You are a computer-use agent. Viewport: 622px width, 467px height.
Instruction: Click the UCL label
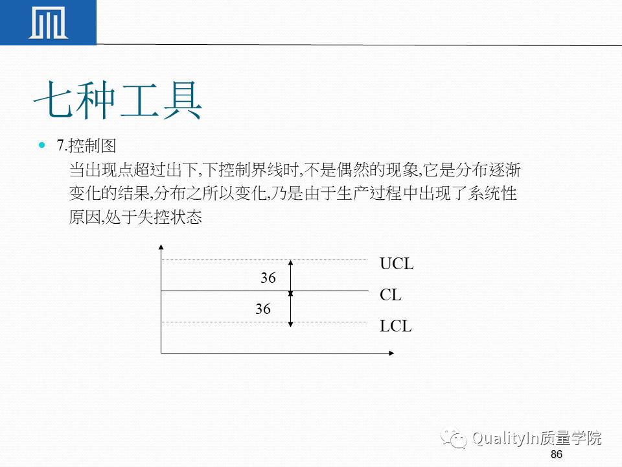click(x=397, y=265)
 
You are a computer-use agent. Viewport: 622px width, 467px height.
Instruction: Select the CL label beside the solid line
click(x=391, y=295)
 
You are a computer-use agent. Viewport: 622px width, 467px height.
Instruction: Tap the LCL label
click(x=396, y=326)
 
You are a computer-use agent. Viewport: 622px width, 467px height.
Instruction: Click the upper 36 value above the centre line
click(x=268, y=278)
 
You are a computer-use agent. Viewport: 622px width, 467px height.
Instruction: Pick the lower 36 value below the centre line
click(x=263, y=309)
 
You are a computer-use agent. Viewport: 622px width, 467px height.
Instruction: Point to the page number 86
click(x=556, y=454)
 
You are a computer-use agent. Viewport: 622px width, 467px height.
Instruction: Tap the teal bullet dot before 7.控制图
click(x=43, y=145)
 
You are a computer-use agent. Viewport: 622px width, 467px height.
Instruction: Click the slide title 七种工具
click(x=117, y=101)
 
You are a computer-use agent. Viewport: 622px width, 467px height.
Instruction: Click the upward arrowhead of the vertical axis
click(x=161, y=247)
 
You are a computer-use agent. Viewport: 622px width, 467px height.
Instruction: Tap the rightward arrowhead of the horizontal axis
click(x=391, y=353)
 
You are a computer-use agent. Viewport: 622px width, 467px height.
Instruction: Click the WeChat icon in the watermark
click(x=455, y=438)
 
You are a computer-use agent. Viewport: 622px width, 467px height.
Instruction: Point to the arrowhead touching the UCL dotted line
click(x=291, y=263)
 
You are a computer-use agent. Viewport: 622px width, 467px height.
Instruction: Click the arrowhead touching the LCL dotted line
click(x=291, y=321)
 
